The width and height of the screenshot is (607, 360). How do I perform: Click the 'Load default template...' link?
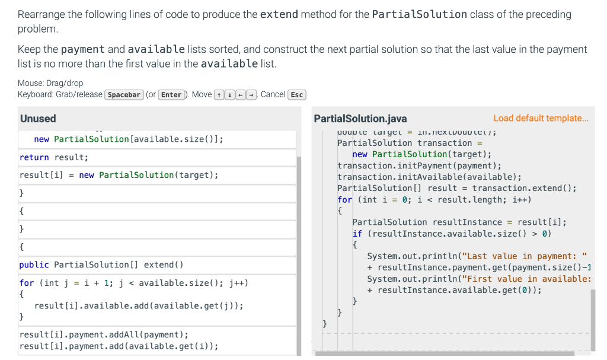point(541,119)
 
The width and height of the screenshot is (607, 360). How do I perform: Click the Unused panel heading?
point(38,119)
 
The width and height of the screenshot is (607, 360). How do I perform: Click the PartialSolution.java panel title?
point(360,119)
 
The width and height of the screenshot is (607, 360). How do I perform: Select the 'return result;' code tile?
point(54,157)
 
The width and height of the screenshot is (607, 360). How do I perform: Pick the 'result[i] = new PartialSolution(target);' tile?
point(119,175)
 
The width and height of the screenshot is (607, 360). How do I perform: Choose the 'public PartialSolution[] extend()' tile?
point(101,265)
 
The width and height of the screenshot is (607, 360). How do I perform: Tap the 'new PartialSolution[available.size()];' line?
point(129,139)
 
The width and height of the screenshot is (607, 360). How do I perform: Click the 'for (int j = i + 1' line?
point(133,283)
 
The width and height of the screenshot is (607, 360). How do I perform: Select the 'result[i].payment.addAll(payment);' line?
point(104,334)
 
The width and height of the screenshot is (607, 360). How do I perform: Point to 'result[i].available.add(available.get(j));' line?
point(139,305)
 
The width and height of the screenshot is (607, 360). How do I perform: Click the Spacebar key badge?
point(124,95)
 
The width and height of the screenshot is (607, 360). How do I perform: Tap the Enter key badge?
point(171,95)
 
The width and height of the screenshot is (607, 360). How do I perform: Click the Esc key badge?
point(297,95)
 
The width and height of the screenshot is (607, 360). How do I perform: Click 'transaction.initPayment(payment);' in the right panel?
point(419,165)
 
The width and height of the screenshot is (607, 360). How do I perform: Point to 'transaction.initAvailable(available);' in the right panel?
point(429,177)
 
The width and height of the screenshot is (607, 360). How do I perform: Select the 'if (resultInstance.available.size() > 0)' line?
point(452,233)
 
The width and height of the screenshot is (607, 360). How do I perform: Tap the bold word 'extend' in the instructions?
point(279,14)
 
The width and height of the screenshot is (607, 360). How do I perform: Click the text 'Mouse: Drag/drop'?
point(50,83)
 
